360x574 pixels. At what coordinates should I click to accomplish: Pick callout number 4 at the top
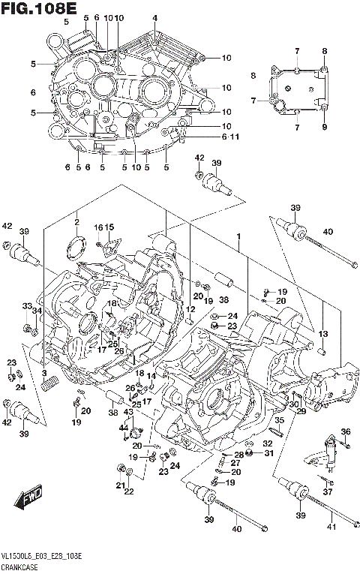[x=155, y=18]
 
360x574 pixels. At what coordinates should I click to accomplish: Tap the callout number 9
[x=325, y=127]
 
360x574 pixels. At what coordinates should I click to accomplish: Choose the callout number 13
[x=323, y=334]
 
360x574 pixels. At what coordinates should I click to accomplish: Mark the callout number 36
[x=345, y=431]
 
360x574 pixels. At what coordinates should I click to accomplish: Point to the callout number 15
[x=109, y=227]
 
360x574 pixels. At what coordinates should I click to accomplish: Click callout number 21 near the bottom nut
[x=119, y=485]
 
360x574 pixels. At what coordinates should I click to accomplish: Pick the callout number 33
[x=25, y=306]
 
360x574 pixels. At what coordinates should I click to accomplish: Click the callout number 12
[x=191, y=309]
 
